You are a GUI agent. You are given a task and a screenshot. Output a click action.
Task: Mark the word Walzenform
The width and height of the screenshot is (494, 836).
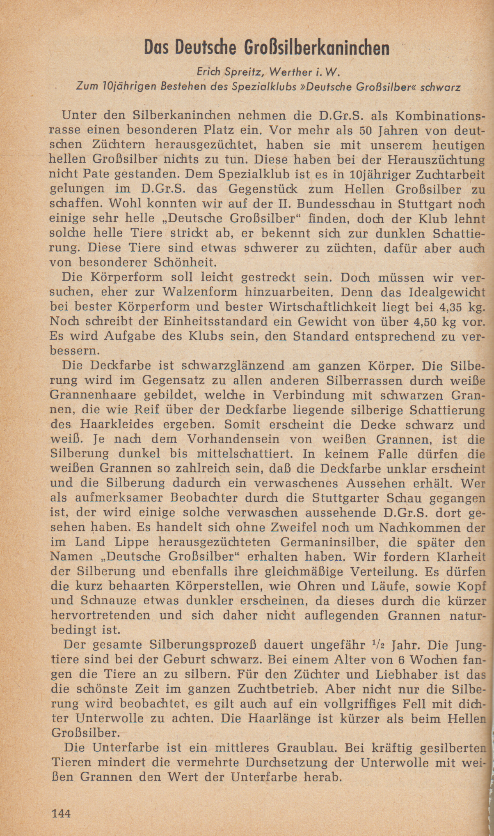click(x=200, y=292)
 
